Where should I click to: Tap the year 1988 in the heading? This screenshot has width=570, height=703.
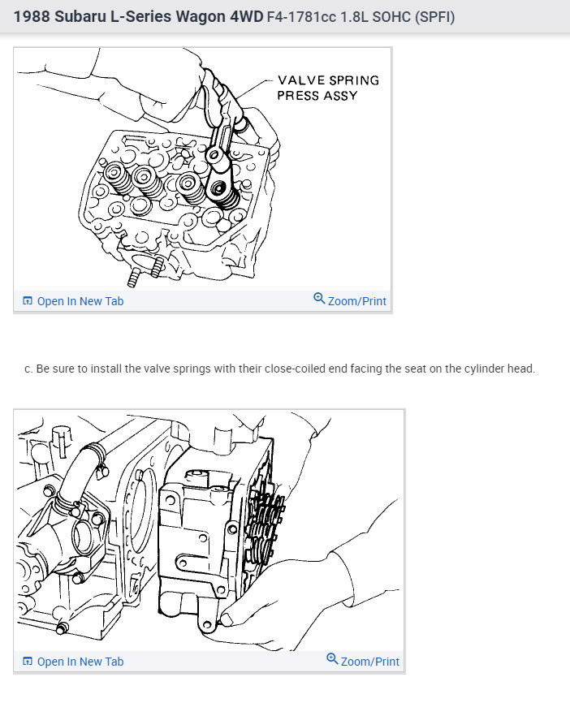(32, 16)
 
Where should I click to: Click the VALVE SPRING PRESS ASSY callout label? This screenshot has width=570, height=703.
(327, 88)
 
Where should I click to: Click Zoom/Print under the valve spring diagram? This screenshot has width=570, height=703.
(356, 301)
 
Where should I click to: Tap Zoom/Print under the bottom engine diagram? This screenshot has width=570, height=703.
(369, 662)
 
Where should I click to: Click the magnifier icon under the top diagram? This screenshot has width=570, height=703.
(319, 300)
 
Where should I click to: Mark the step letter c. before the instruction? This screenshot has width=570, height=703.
(28, 369)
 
